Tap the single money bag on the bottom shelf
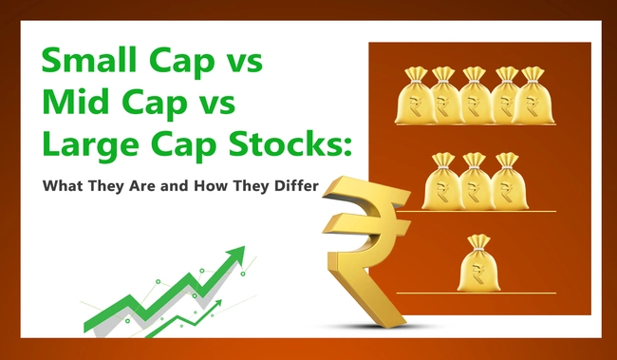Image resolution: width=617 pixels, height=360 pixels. click(477, 266)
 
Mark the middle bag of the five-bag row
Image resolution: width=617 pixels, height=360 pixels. click(475, 96)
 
